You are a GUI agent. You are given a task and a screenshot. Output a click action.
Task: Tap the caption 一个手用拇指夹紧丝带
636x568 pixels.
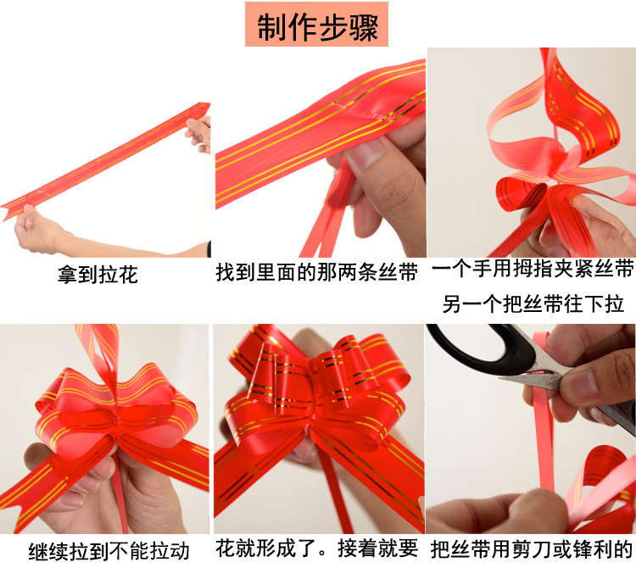click(533, 270)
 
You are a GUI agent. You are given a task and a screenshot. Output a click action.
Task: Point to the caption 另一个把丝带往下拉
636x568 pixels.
click(533, 303)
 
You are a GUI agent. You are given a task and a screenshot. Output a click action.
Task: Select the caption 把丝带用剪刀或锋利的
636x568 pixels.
click(532, 549)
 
